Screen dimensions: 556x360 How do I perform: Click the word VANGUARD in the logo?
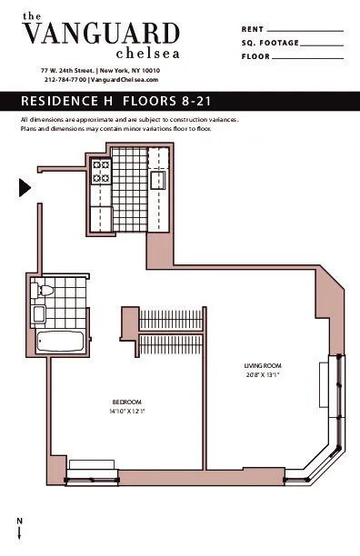click(x=100, y=35)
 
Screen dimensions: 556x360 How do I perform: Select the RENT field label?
click(x=253, y=29)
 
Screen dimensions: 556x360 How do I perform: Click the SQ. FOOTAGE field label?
click(x=268, y=43)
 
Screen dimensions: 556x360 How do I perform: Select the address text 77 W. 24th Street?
click(x=67, y=70)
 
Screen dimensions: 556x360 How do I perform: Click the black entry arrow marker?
click(x=25, y=187)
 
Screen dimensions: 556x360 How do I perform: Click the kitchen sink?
click(x=156, y=179)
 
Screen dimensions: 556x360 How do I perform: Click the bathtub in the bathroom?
click(x=60, y=342)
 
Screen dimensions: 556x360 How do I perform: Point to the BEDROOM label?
click(x=126, y=402)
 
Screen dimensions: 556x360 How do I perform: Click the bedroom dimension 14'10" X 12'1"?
click(x=126, y=412)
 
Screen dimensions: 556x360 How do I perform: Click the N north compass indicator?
click(x=19, y=519)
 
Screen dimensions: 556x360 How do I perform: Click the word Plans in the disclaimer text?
click(x=29, y=129)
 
